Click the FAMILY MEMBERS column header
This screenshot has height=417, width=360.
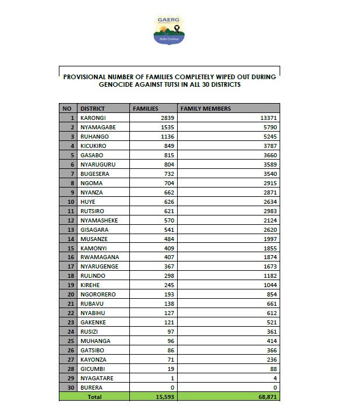(206, 108)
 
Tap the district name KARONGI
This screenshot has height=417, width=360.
(93, 118)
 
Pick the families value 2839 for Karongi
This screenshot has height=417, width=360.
(167, 118)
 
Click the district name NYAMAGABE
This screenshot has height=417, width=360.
(98, 127)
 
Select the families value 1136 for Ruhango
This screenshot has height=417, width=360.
(167, 136)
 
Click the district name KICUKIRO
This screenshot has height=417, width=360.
(95, 146)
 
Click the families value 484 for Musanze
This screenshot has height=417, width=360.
(168, 239)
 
